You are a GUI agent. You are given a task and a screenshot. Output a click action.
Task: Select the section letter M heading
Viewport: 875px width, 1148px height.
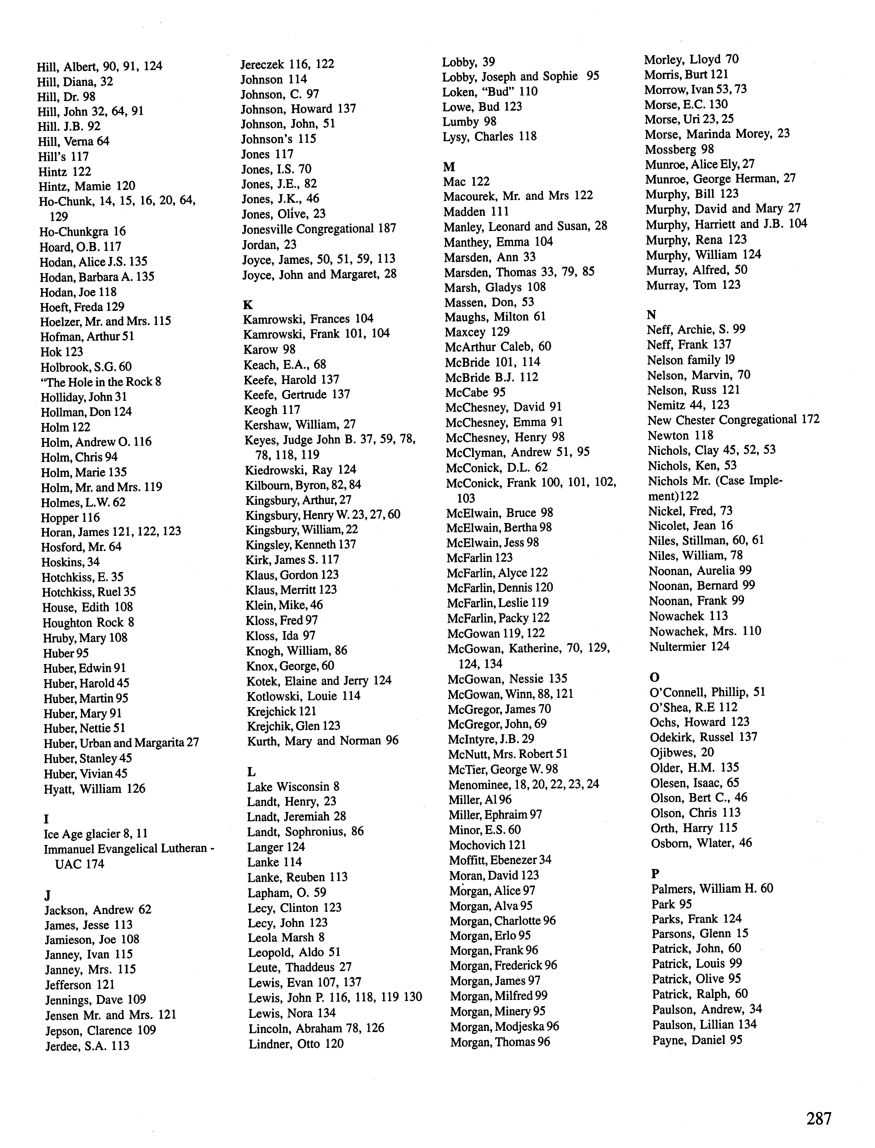(449, 167)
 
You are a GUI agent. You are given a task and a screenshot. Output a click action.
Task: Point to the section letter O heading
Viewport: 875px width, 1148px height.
(655, 677)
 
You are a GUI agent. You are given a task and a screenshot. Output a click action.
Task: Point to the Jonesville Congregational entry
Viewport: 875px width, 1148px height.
(319, 229)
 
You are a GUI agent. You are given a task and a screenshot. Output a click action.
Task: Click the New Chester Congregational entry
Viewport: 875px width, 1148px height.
(733, 420)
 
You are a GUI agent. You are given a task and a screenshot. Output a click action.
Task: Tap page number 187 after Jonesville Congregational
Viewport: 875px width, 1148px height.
(386, 229)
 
